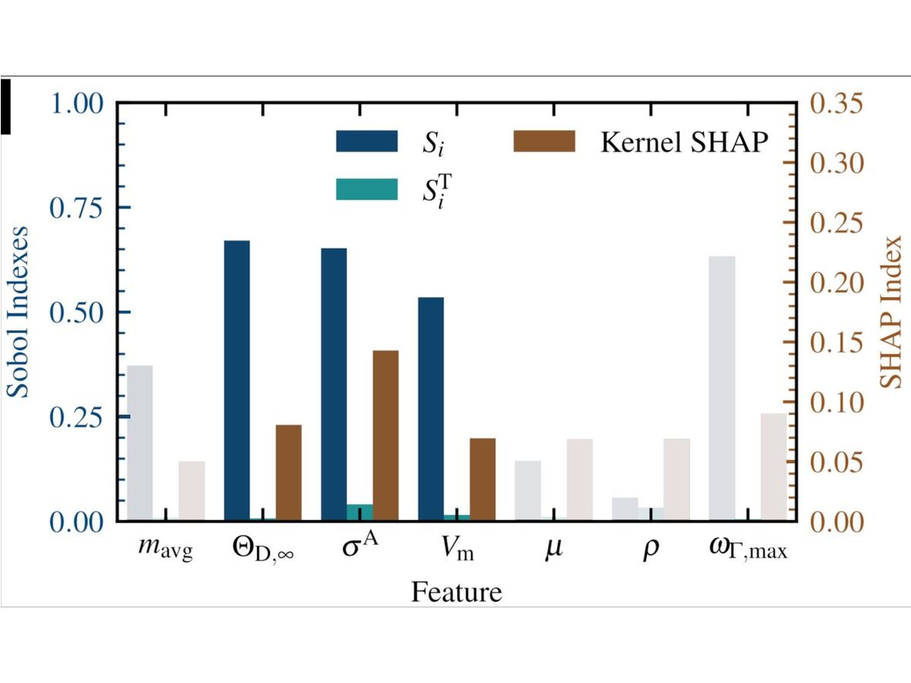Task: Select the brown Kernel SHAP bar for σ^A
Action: (x=386, y=435)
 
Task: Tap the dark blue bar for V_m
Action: (x=431, y=408)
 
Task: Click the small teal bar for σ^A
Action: (x=360, y=512)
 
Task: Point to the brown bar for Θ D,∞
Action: (x=289, y=472)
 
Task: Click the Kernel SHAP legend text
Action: (x=683, y=142)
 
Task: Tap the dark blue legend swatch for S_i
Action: (x=367, y=141)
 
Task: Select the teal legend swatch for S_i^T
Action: (x=367, y=189)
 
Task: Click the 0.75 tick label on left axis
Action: (x=79, y=208)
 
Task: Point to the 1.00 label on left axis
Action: (x=79, y=103)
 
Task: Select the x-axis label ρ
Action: (x=651, y=553)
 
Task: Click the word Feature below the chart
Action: (x=456, y=592)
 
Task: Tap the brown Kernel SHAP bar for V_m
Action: (x=483, y=479)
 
